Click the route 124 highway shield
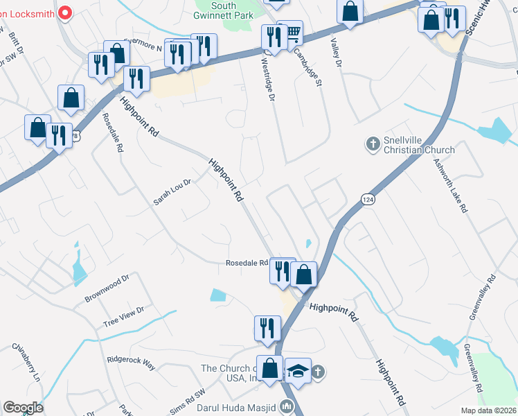[368, 199]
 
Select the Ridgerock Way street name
[131, 361]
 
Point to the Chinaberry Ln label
[26, 363]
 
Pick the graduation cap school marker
[298, 372]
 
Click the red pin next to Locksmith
[65, 12]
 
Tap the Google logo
[23, 408]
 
